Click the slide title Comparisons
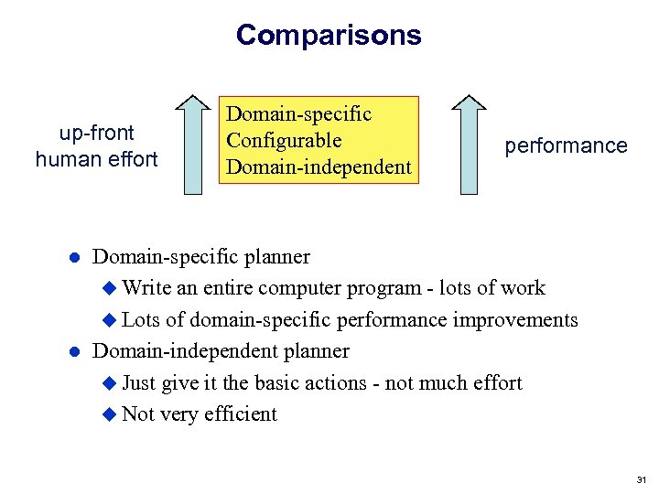[329, 35]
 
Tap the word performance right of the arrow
[566, 145]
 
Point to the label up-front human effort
[97, 145]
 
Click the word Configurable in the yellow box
[284, 141]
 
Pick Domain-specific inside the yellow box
[299, 114]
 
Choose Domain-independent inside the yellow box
[319, 167]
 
